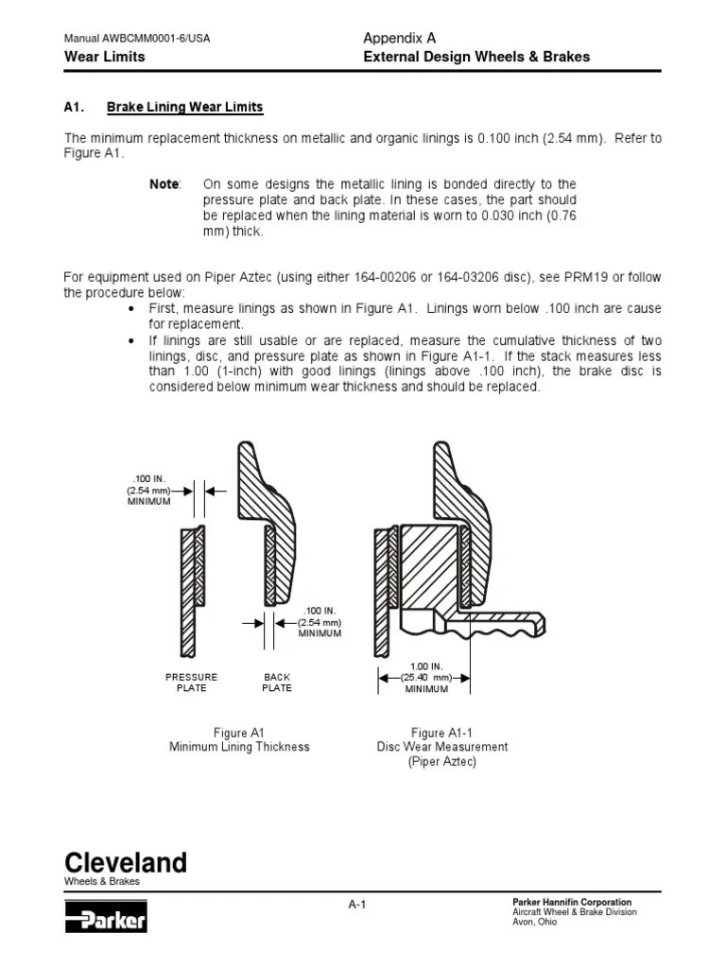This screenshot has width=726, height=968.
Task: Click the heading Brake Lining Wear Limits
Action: coord(185,108)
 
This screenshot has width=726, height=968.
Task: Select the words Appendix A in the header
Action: coord(399,38)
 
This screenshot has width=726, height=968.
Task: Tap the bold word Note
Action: coord(164,184)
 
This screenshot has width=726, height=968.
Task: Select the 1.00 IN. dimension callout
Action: coord(425,666)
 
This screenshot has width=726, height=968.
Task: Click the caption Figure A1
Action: coord(238,733)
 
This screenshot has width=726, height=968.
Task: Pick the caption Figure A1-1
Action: coord(441,733)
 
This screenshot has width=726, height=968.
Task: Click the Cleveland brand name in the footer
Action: coord(125,862)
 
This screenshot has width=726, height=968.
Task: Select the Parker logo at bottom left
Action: coord(105,917)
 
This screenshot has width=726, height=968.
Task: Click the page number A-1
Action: coord(356,905)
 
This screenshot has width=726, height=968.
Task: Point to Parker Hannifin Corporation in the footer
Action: coord(571,902)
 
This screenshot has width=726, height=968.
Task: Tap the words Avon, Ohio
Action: coord(534,923)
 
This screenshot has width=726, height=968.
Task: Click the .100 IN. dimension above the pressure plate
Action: coord(149,480)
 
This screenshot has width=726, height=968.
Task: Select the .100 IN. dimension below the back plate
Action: coord(320,612)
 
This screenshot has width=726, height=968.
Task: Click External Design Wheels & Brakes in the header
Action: coord(476,57)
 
